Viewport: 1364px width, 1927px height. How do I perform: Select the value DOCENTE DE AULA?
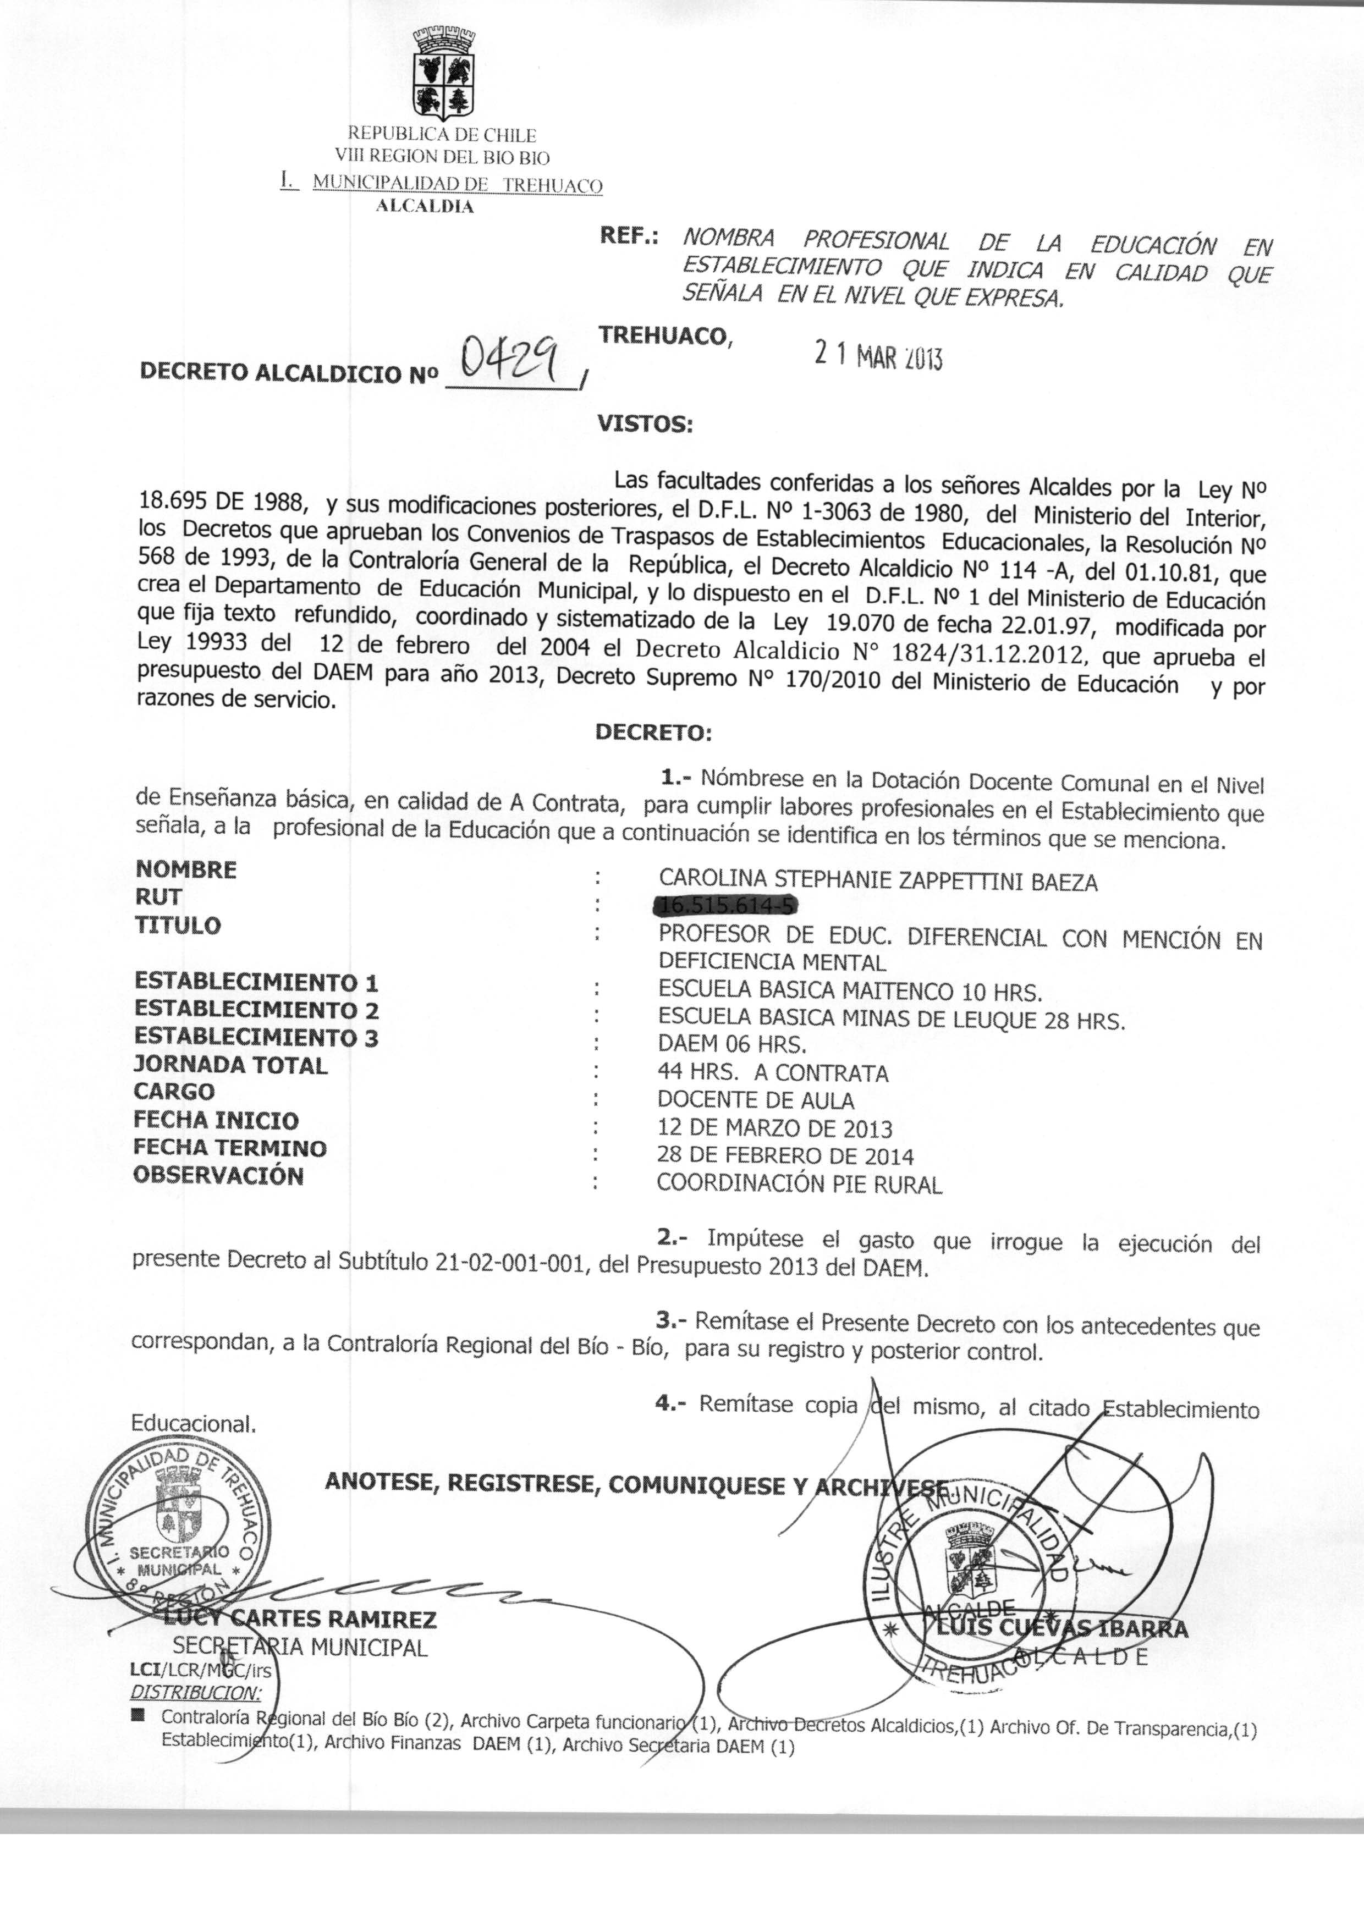click(x=755, y=1101)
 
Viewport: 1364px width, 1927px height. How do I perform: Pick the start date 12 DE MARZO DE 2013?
click(x=774, y=1128)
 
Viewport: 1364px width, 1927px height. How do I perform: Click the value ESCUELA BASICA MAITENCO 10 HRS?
click(x=850, y=992)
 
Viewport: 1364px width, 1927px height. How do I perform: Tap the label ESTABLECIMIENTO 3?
click(x=256, y=1038)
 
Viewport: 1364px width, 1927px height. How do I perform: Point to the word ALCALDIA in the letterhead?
click(x=424, y=207)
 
